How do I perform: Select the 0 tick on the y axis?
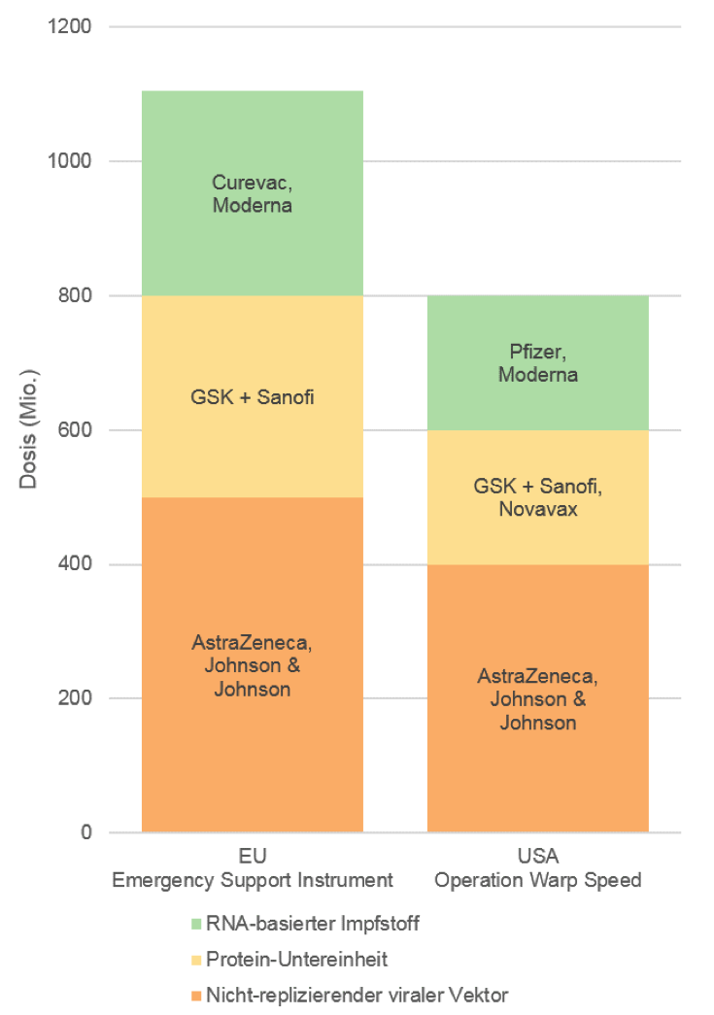[86, 832]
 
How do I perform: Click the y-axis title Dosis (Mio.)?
[28, 428]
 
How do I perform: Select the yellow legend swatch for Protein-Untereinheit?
[198, 960]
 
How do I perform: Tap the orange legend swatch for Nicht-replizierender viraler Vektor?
[198, 995]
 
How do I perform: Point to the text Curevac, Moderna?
[253, 193]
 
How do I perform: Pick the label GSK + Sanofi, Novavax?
[537, 497]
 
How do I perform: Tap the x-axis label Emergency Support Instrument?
[253, 881]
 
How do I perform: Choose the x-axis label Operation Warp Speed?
[537, 881]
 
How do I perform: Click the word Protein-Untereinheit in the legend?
[297, 960]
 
